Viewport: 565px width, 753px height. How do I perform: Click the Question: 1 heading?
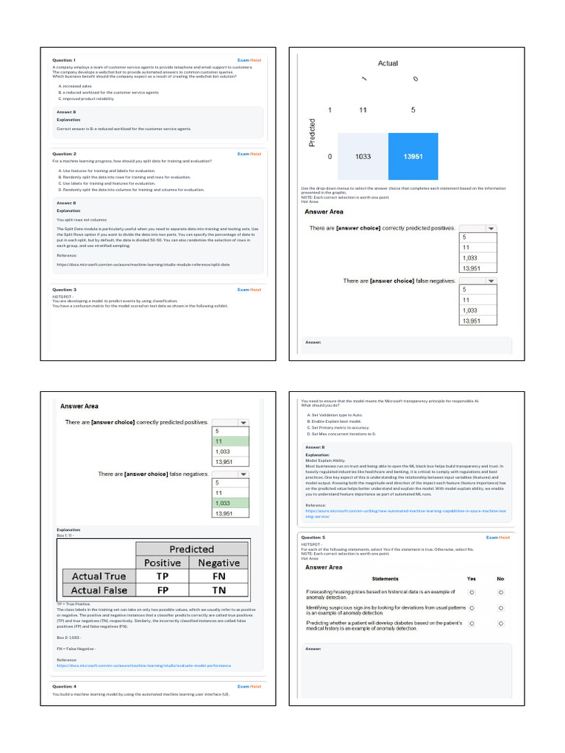(64, 60)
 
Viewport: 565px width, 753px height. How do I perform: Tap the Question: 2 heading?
(64, 154)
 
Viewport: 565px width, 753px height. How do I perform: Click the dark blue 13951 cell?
(413, 157)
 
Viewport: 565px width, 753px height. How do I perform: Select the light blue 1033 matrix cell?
(363, 157)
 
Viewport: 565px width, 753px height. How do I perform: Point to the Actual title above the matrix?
(388, 63)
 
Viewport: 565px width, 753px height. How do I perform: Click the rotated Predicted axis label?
(313, 132)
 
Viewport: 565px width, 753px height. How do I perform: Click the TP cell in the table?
(163, 577)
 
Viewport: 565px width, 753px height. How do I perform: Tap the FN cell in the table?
(219, 577)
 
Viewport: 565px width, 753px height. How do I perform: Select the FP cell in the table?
(163, 590)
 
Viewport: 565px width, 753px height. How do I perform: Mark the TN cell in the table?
(219, 590)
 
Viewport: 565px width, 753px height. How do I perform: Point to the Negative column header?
(219, 563)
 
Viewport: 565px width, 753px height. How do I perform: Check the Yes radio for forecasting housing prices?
(472, 592)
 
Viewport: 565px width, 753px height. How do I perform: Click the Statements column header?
(385, 579)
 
